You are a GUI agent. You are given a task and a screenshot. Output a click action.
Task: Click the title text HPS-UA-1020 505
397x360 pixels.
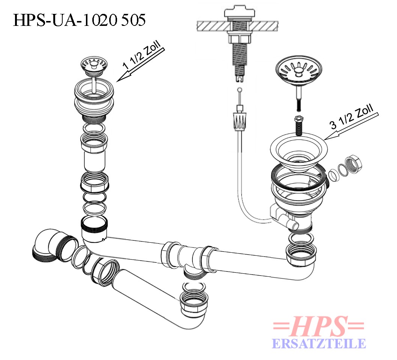79,20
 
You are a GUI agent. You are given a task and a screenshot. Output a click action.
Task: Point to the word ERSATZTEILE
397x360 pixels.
319,344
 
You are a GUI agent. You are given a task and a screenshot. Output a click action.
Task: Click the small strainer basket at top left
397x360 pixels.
94,67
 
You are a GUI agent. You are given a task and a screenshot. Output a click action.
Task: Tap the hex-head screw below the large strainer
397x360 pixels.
299,126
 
